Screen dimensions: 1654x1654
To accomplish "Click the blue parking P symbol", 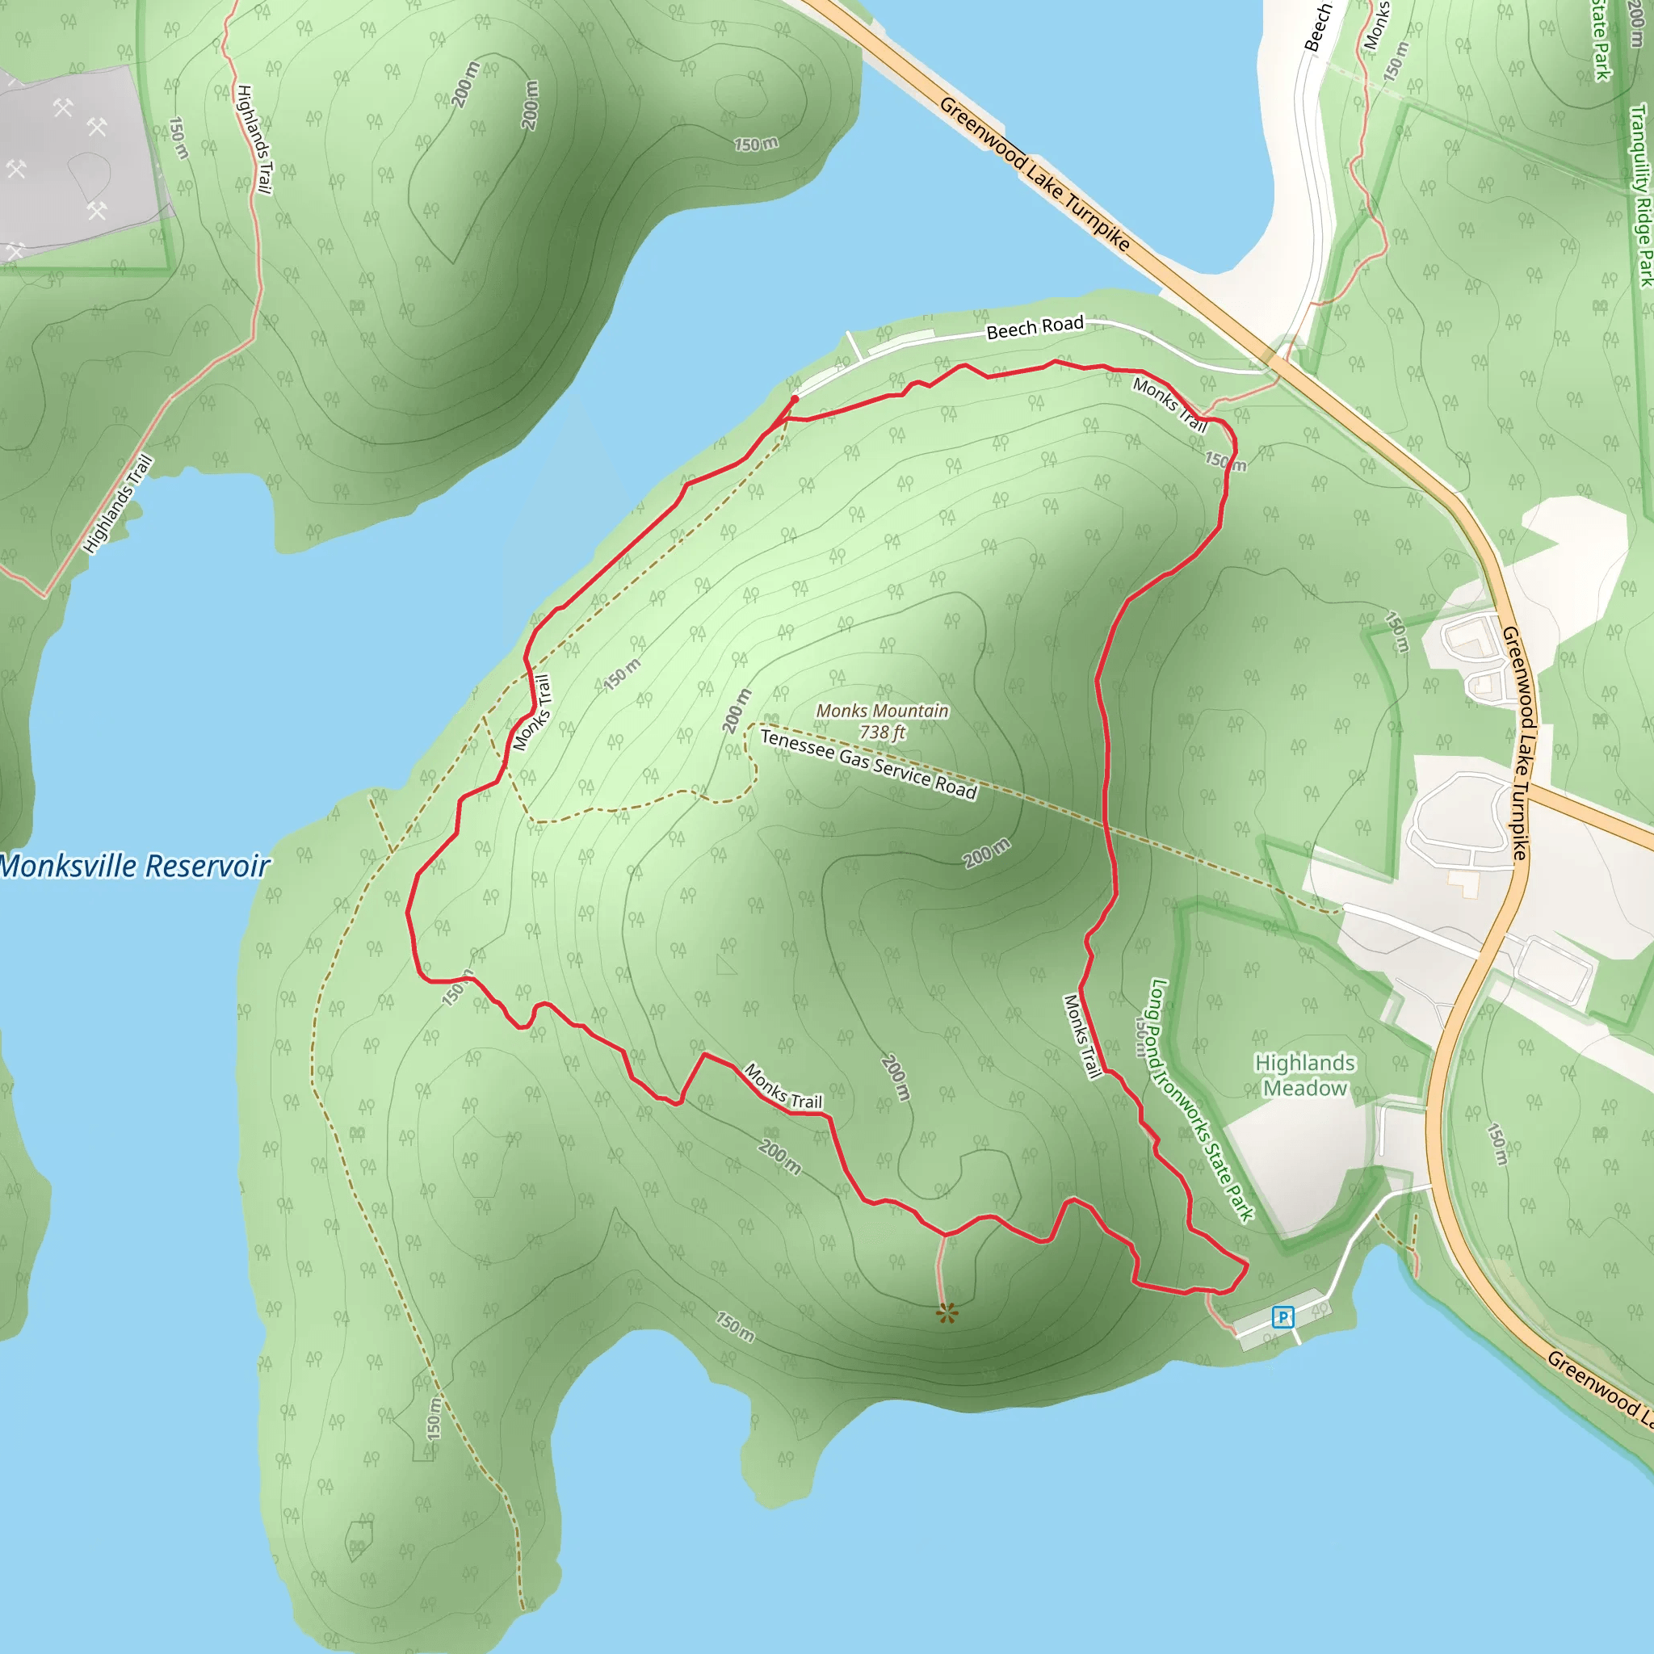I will click(x=1282, y=1316).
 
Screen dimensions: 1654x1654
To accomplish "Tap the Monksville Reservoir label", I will click(x=135, y=867).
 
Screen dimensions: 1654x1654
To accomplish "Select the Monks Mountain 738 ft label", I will click(x=882, y=722).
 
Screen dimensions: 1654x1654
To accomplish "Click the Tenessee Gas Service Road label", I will click(x=868, y=765).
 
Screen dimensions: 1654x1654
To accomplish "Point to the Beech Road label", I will click(x=1035, y=327).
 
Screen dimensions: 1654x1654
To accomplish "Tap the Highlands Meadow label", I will click(x=1305, y=1075).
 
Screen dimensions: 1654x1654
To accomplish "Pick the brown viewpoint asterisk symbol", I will click(x=946, y=1313).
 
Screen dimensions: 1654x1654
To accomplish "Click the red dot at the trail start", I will click(x=795, y=399).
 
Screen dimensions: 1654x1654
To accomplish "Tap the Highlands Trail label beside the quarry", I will click(x=254, y=140).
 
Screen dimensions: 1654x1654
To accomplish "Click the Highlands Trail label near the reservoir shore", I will click(x=118, y=503).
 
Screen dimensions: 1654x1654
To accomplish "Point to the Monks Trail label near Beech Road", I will click(x=1169, y=404).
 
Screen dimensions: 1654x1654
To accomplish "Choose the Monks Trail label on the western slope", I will click(x=531, y=712).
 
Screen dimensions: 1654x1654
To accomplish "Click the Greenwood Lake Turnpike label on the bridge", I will click(x=1035, y=174).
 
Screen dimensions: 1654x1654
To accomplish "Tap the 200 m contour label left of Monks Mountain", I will click(x=737, y=711).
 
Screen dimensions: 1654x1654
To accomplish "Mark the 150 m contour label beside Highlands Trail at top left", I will click(x=178, y=138).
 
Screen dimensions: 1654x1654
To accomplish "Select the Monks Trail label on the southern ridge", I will click(x=783, y=1086).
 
